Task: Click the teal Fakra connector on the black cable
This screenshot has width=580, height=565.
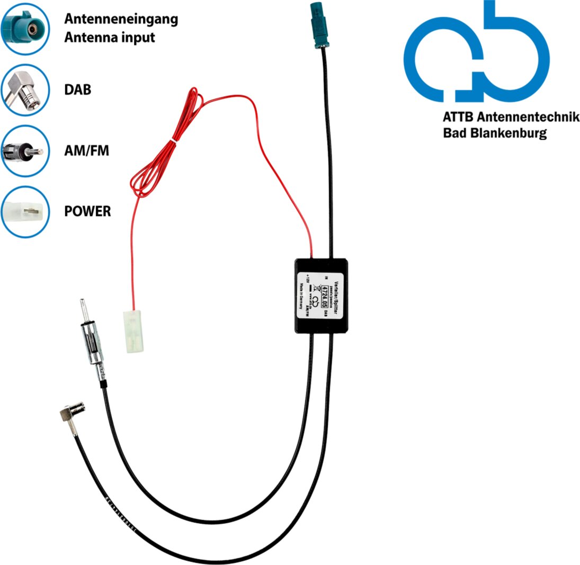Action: click(320, 26)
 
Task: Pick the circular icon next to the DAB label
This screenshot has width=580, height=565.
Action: click(25, 89)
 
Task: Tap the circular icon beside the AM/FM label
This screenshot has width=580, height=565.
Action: click(25, 150)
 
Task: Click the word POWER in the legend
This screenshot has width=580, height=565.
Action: click(87, 211)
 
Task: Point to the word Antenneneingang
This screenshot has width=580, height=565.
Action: click(121, 20)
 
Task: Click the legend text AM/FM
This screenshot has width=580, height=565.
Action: click(86, 150)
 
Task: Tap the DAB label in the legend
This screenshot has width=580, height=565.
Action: click(77, 89)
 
